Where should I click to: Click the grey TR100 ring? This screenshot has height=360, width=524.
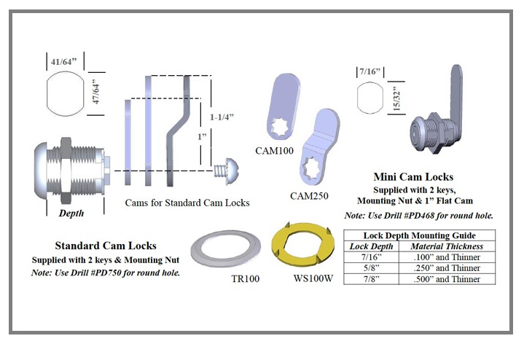[222, 251]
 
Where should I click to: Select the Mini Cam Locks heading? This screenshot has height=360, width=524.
[412, 177]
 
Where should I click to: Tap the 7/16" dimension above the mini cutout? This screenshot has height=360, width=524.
[371, 74]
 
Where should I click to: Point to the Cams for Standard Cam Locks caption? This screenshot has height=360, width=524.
[187, 203]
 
